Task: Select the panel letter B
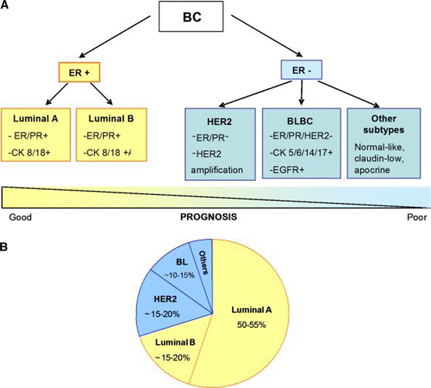pyautogui.click(x=6, y=247)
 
